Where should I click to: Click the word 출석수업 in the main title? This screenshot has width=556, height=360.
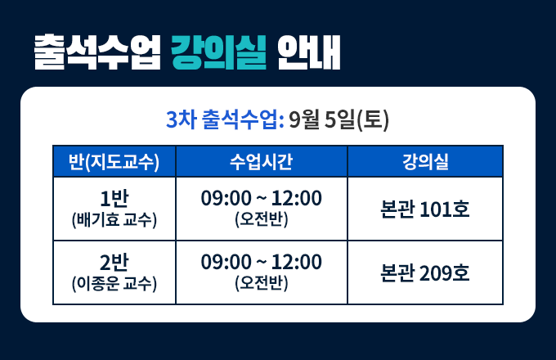[97, 52]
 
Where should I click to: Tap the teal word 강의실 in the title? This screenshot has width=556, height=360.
[218, 52]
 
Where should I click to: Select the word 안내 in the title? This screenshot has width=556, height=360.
[308, 52]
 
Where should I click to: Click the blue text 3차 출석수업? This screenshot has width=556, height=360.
[225, 119]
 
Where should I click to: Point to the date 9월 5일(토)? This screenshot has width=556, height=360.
[339, 120]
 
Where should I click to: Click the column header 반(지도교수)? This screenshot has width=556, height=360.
[114, 162]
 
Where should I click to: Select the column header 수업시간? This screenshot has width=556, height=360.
[262, 162]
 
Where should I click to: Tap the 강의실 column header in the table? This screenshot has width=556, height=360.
[425, 162]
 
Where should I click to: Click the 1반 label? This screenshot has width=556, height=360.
[114, 198]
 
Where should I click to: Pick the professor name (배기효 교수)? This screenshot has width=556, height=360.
[114, 220]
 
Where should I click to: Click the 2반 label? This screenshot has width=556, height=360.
[114, 262]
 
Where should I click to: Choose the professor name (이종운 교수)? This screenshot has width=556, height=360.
[114, 284]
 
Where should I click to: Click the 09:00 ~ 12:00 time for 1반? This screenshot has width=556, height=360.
[262, 198]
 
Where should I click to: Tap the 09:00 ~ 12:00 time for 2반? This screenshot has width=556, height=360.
[262, 262]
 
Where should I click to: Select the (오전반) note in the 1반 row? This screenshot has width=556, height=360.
[262, 219]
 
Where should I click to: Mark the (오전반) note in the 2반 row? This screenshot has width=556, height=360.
[262, 283]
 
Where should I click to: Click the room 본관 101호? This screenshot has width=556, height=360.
[425, 209]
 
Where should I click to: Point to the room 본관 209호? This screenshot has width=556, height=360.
[425, 272]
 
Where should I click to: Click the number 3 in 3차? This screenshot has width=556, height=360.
[171, 120]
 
